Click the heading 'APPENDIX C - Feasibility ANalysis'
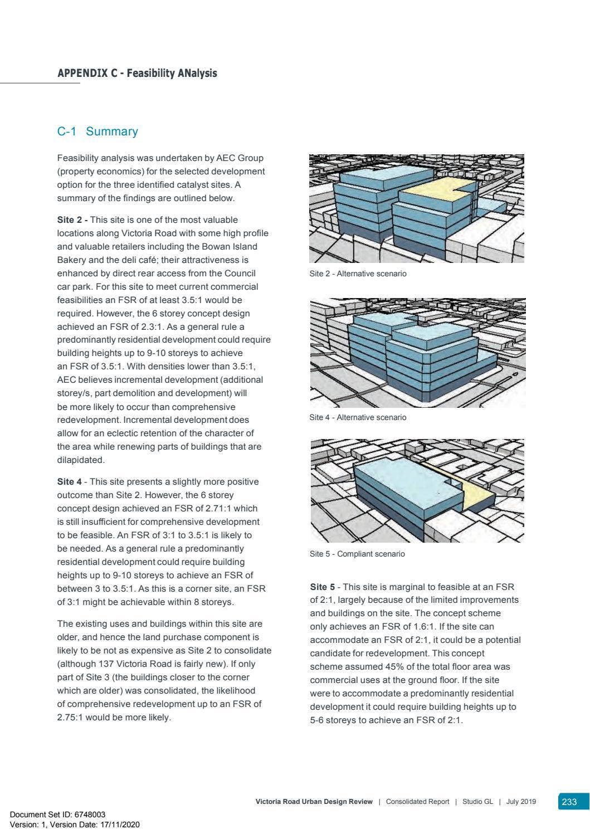tap(137, 74)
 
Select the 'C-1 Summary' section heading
tap(97, 131)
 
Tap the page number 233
tap(569, 802)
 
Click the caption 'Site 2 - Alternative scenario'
tap(358, 274)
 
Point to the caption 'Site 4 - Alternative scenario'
tap(358, 417)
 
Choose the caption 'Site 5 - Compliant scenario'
tap(357, 554)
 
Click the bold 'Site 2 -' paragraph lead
tap(72, 220)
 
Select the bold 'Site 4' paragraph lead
tap(69, 482)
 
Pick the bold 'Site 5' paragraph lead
tap(323, 587)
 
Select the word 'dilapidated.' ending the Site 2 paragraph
tap(81, 460)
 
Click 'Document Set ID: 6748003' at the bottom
tap(57, 814)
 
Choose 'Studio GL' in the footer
tap(477, 802)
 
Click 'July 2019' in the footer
tap(521, 802)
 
